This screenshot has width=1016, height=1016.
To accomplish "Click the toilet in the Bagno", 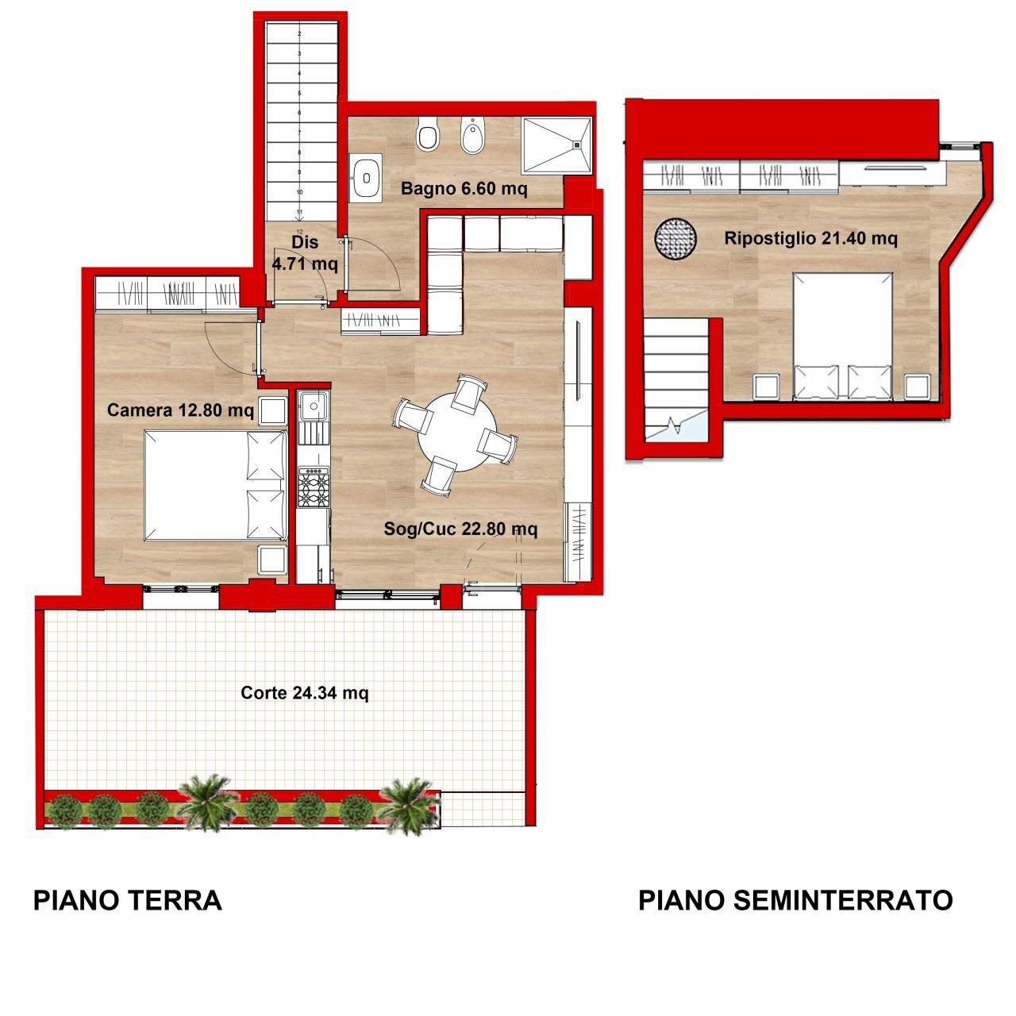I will [x=428, y=135].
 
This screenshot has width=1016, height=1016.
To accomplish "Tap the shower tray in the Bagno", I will [x=556, y=145].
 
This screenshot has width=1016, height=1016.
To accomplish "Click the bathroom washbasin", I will [x=366, y=177].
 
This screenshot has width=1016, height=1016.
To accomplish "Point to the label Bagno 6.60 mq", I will [x=464, y=189].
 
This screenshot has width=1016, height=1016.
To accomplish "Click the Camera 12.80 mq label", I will [x=180, y=410].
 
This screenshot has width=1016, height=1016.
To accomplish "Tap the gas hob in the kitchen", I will [x=313, y=487].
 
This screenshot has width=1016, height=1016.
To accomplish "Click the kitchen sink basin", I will [x=314, y=407].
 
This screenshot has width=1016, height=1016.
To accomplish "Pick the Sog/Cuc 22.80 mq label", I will [x=460, y=529].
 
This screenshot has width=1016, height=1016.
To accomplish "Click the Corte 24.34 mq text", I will [x=305, y=693].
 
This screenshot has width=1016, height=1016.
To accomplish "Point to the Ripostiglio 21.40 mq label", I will [x=810, y=238].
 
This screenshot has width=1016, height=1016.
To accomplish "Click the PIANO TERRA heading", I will [x=127, y=901].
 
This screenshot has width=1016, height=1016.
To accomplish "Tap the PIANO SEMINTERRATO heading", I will [x=795, y=901].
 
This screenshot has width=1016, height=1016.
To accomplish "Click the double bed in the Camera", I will [x=214, y=485].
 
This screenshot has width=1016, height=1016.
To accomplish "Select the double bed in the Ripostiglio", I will [x=843, y=335].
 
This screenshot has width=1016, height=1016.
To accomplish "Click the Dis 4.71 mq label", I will [x=305, y=252].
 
